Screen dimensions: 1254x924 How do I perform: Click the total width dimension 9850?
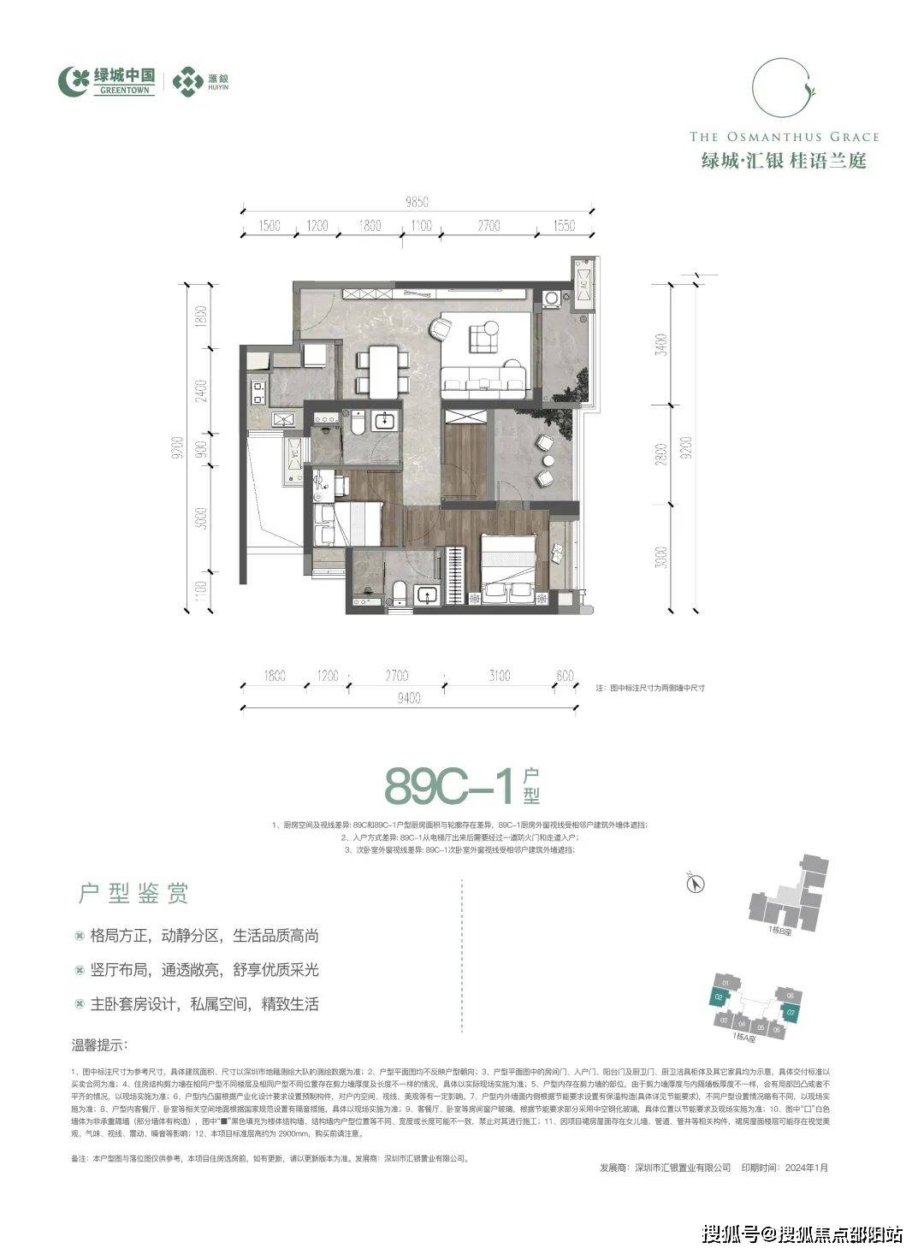point(416,203)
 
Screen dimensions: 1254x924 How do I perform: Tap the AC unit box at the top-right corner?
point(583,281)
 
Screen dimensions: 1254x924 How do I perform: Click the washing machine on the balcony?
point(553,299)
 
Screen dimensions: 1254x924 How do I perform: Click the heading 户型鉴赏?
point(133,895)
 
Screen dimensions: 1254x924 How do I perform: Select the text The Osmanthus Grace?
point(784,137)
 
